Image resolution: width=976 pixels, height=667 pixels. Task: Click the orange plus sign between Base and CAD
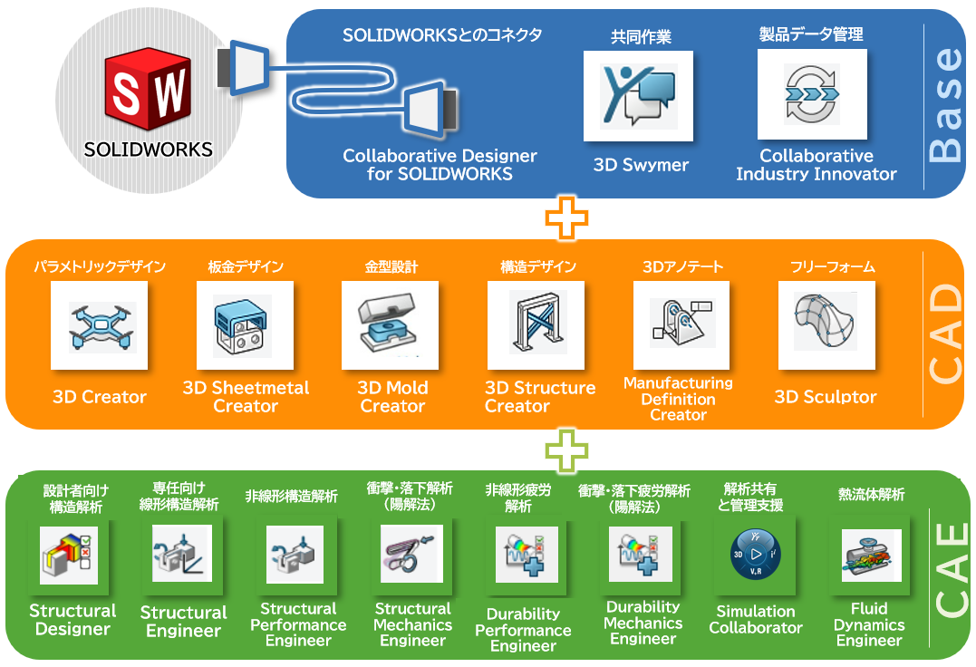[x=566, y=218]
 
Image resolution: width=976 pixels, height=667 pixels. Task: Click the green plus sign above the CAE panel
[x=566, y=450]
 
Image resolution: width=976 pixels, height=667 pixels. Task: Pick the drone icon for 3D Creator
[x=99, y=325]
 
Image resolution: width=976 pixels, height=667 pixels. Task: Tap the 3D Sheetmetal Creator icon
[x=245, y=325]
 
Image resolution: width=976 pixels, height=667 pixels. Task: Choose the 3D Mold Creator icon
[x=390, y=325]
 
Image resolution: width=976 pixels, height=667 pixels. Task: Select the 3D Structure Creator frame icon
[x=536, y=325]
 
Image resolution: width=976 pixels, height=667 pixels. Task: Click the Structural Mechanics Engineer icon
[x=412, y=554]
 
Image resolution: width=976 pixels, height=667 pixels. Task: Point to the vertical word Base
[x=948, y=103]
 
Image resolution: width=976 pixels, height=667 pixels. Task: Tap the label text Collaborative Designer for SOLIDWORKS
[x=440, y=165]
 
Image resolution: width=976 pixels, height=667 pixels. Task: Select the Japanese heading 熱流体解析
[x=871, y=495]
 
